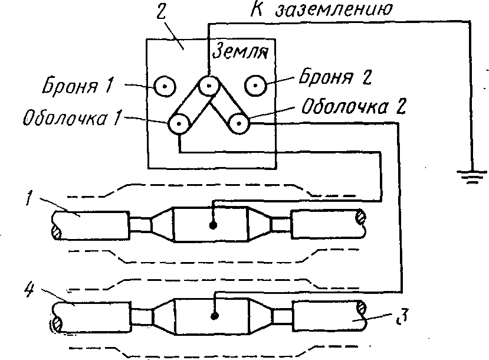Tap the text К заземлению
click(318, 9)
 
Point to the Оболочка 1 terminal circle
click(179, 125)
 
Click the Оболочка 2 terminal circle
click(238, 125)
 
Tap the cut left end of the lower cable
click(57, 323)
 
